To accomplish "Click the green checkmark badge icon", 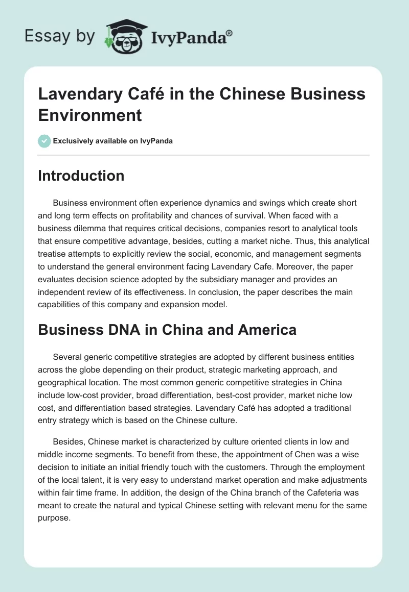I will point(44,141).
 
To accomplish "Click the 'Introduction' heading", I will point(81,176).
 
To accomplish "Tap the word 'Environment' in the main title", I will point(90,115).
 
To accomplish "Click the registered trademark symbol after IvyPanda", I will point(229,32).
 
